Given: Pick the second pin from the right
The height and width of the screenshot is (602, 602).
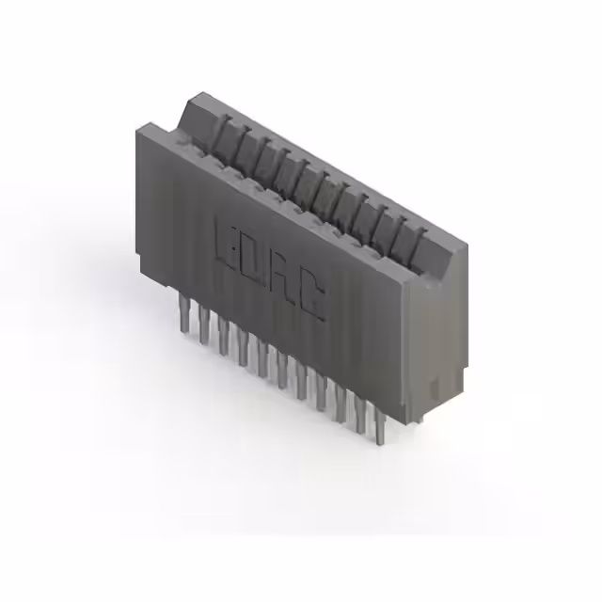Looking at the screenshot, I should (361, 415).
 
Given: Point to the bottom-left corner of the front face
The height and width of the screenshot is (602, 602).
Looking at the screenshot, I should (138, 266).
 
